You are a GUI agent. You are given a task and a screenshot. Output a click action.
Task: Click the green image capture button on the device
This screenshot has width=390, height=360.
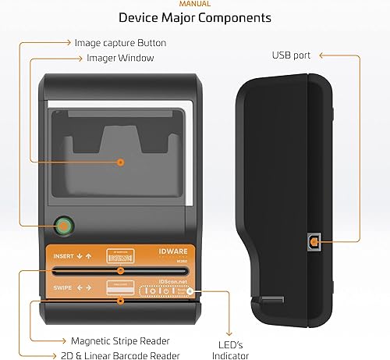[x=62, y=227]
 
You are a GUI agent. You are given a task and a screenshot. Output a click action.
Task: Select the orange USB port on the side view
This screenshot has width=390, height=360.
[x=314, y=243]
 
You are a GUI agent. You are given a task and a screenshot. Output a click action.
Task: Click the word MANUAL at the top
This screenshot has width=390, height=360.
[x=194, y=4]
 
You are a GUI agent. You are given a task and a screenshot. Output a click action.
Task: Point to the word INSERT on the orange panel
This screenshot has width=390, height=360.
[x=66, y=255]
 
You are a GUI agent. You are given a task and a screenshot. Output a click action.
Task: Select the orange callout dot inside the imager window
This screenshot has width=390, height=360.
[x=121, y=162]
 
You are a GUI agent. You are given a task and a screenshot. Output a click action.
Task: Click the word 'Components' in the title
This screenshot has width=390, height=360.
[x=232, y=17]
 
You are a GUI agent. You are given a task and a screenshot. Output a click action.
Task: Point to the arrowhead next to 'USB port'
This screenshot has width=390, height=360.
[x=322, y=55]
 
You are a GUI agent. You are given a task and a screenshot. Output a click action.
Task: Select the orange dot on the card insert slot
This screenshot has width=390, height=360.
[x=119, y=270]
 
